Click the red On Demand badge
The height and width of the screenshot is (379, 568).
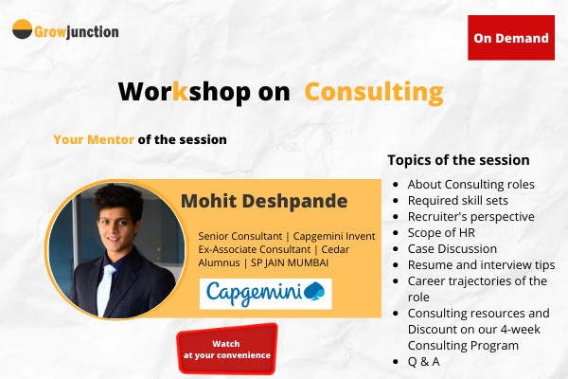[x=511, y=38]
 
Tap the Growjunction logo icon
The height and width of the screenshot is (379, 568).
[x=22, y=30]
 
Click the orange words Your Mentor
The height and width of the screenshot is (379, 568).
[x=94, y=139]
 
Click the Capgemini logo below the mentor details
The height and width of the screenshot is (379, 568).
[x=265, y=292]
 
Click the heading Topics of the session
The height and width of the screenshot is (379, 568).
[x=458, y=160]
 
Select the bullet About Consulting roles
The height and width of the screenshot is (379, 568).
[x=470, y=184]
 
